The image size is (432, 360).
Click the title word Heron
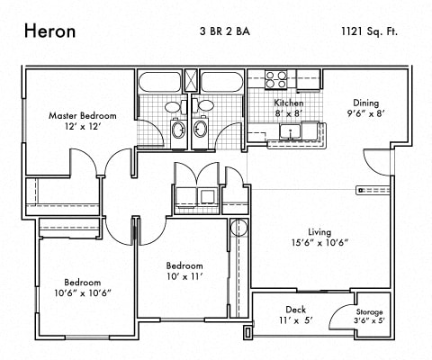coord(49,31)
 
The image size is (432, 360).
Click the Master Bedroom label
coord(82,115)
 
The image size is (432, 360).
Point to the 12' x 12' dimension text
coord(82,128)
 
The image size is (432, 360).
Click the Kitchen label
coord(289,103)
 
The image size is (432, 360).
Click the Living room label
coord(320,230)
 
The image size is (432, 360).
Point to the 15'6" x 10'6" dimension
coord(320,243)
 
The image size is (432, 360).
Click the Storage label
coord(369,311)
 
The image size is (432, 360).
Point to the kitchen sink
coord(291,132)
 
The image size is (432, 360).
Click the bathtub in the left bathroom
coord(162,83)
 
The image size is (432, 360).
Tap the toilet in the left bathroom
coord(175,133)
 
